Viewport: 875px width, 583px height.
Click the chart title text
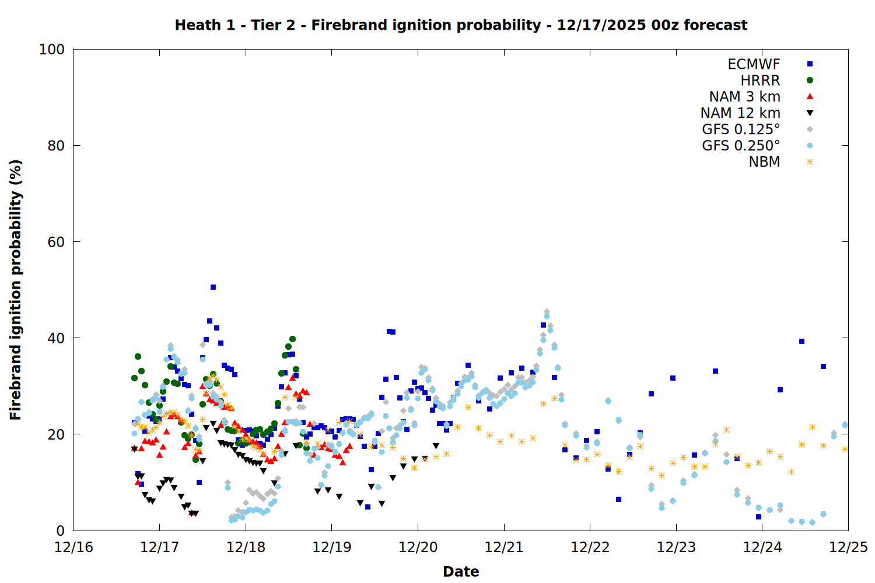[x=461, y=25]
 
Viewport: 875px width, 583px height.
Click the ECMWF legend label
[x=754, y=64]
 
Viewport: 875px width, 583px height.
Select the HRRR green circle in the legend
[x=810, y=80]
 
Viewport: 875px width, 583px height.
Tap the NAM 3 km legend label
[x=744, y=97]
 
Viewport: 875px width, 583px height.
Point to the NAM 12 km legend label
[x=740, y=113]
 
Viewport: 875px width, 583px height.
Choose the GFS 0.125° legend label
[x=741, y=129]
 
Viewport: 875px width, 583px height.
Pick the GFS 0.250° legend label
[x=741, y=146]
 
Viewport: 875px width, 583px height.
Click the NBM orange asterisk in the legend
[x=810, y=162]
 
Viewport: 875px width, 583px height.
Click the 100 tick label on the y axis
[x=51, y=50]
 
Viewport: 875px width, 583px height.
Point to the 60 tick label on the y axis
[x=55, y=242]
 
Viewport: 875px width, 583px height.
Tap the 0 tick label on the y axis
[x=60, y=531]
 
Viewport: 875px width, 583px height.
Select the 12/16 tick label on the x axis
[x=73, y=547]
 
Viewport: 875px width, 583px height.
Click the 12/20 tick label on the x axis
[x=418, y=547]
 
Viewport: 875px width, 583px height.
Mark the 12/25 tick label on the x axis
[x=848, y=547]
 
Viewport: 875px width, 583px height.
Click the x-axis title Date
[x=461, y=571]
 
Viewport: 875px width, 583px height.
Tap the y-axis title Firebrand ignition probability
[x=16, y=290]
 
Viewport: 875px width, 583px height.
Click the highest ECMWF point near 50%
[x=213, y=287]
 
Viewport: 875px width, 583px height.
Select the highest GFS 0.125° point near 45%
[x=547, y=312]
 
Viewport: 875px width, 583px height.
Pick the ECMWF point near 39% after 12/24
[x=801, y=341]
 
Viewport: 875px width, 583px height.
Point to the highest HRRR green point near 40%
[x=292, y=339]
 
